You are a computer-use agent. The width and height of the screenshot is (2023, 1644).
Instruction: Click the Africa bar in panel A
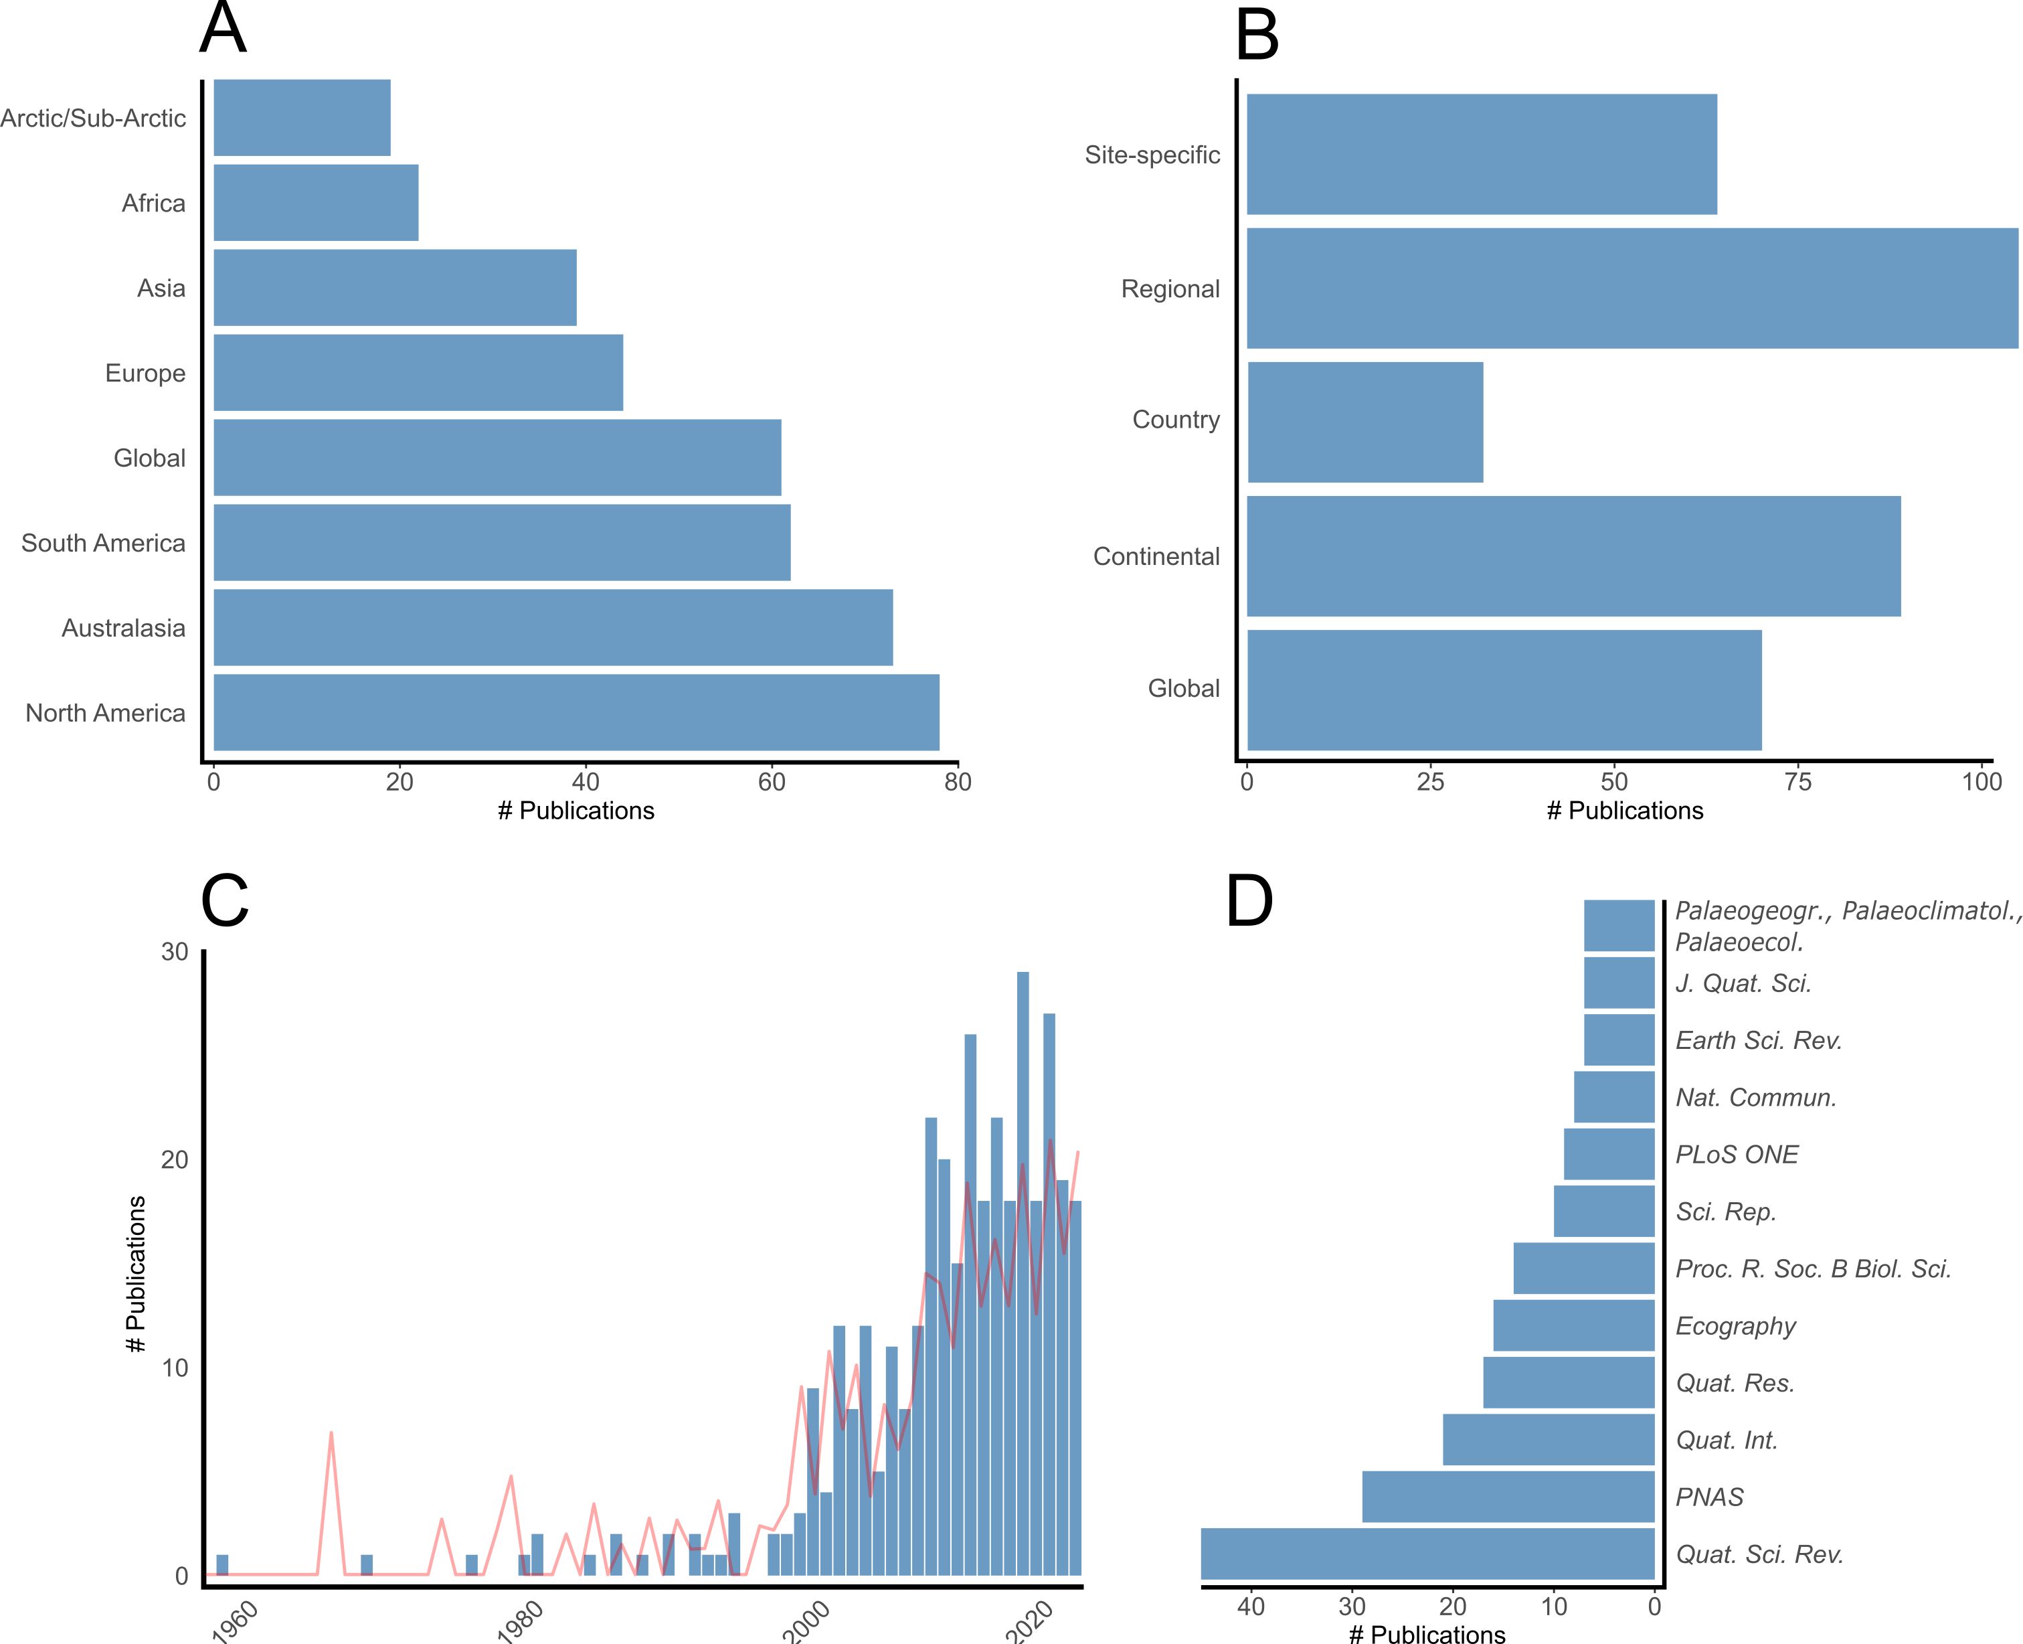point(315,203)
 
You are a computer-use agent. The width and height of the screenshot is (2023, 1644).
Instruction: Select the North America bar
point(576,712)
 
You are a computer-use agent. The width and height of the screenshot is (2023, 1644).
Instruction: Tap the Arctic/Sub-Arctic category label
point(93,118)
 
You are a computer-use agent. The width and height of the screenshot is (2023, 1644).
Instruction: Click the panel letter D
point(1249,902)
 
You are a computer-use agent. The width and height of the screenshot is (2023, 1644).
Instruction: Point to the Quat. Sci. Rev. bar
point(1427,1554)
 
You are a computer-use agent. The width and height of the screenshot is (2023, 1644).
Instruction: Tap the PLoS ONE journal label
point(1736,1155)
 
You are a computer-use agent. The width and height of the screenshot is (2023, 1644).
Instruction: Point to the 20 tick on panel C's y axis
point(175,1159)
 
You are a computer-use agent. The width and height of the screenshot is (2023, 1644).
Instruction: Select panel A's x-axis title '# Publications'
point(576,811)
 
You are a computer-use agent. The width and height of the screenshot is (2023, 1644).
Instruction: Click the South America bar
point(502,543)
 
